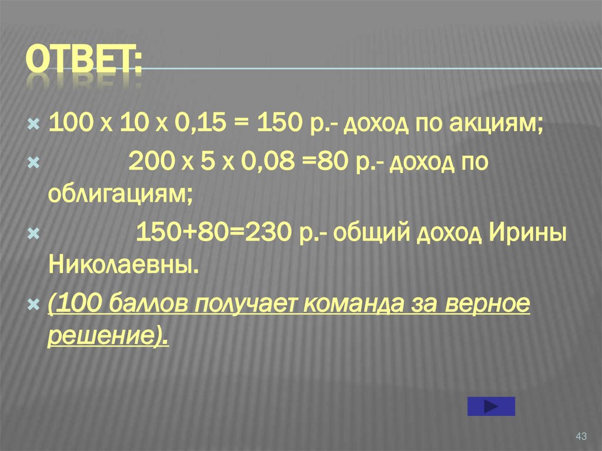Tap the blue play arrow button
(x=491, y=406)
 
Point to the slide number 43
(x=581, y=436)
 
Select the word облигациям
(x=118, y=192)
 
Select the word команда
(x=338, y=305)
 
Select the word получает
(x=239, y=305)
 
